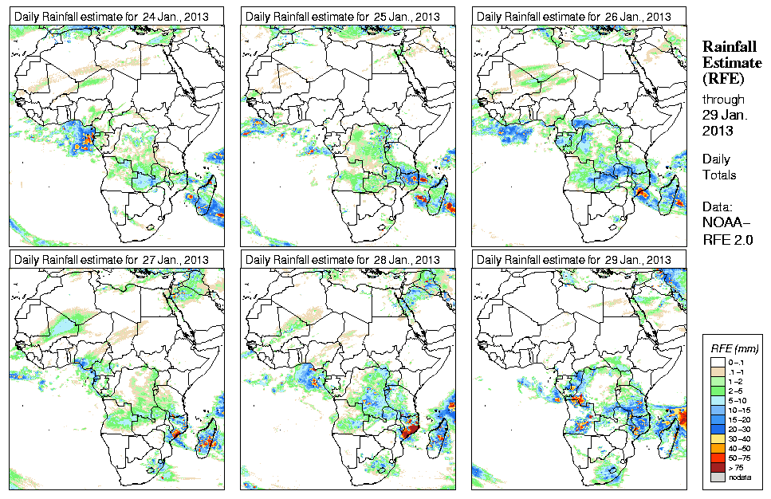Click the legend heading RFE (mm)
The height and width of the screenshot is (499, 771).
(x=734, y=348)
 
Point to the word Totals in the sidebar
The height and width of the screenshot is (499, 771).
(x=719, y=175)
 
